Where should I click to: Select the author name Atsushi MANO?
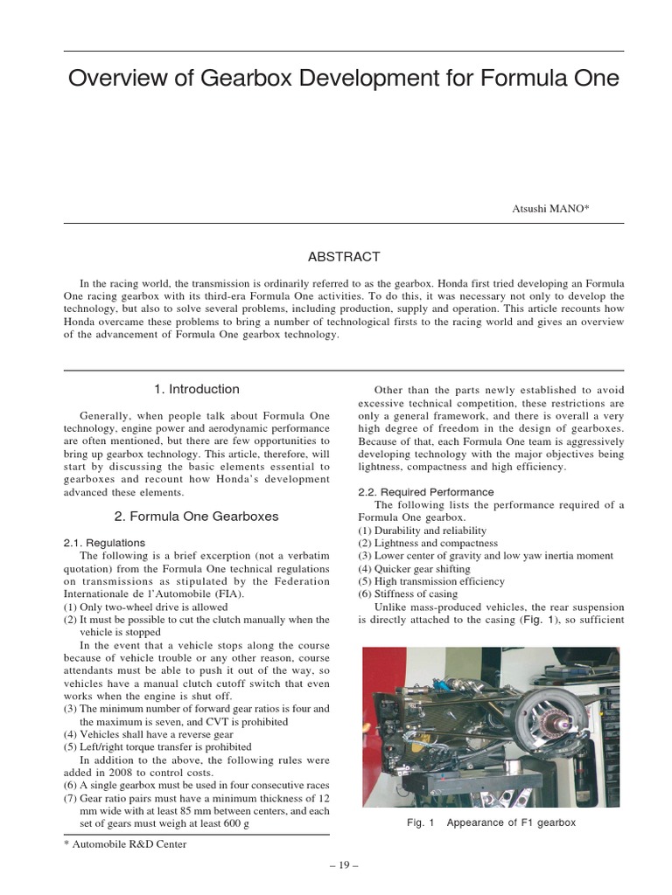[x=550, y=209]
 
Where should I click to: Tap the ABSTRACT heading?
[x=343, y=257]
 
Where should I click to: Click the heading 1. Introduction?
[x=196, y=389]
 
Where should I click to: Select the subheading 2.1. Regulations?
[x=104, y=543]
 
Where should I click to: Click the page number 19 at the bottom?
[x=344, y=865]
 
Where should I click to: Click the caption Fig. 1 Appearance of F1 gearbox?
[x=491, y=823]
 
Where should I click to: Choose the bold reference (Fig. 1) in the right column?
[x=539, y=620]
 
